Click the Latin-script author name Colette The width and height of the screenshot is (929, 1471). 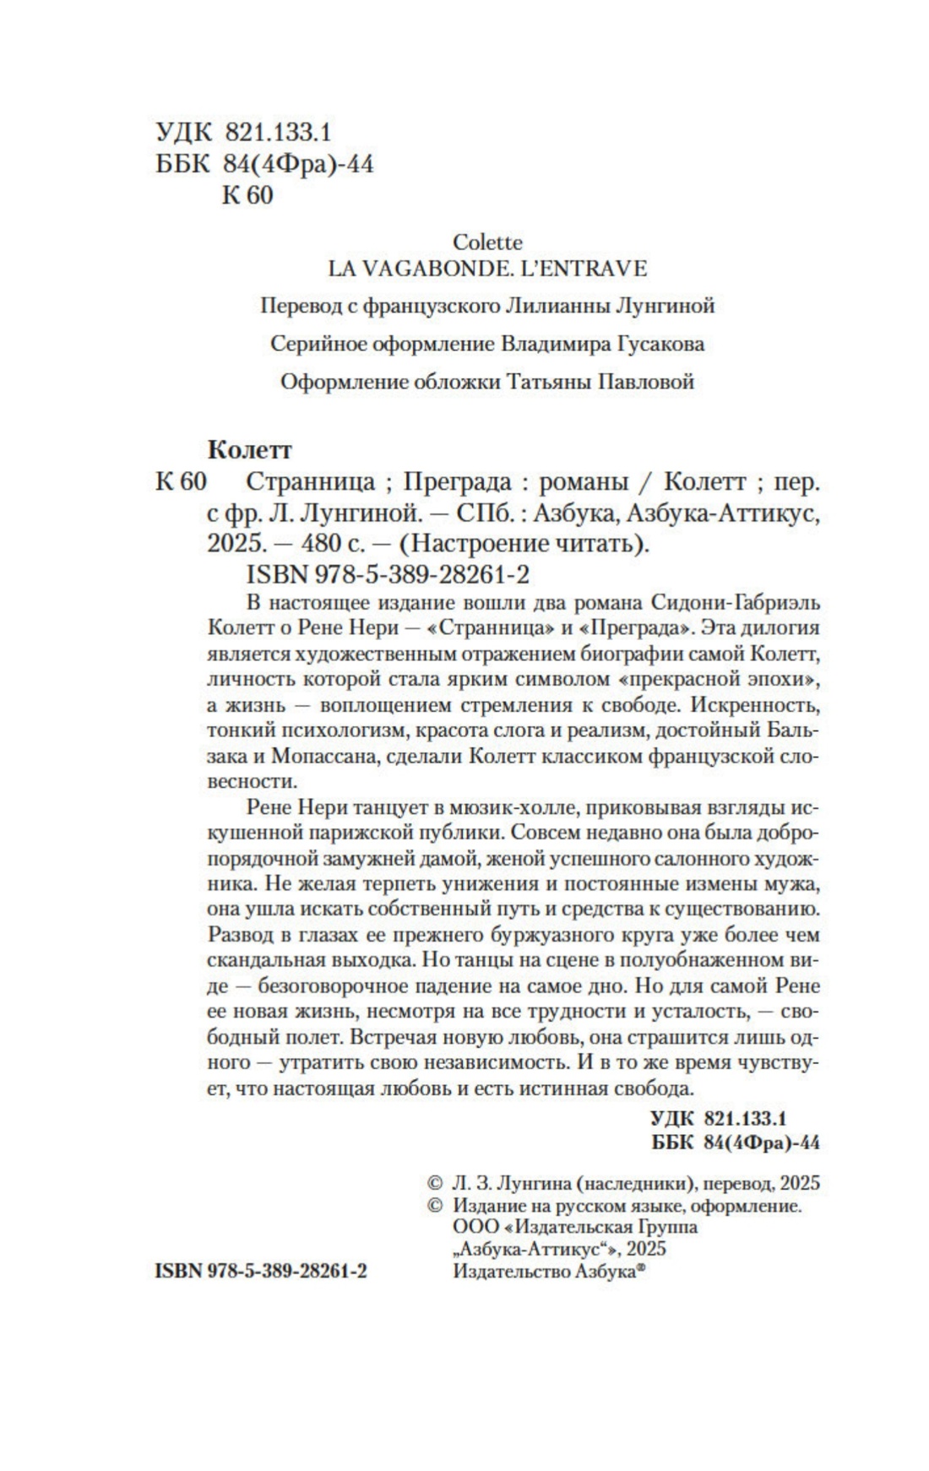click(x=487, y=242)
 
